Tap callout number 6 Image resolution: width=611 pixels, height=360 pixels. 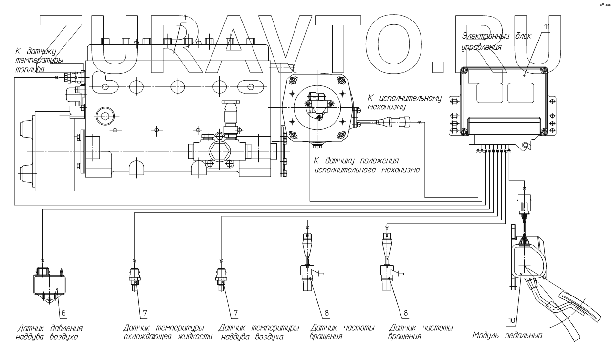coord(63,313)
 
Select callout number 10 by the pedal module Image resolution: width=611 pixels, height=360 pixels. coord(512,320)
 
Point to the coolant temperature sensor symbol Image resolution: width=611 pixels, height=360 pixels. coord(135,279)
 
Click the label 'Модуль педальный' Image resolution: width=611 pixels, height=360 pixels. coord(507,335)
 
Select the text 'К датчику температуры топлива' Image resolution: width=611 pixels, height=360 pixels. coord(39,60)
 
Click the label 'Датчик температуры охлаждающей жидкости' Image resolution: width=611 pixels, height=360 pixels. coord(168,332)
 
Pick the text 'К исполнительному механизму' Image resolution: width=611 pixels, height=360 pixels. coord(404,102)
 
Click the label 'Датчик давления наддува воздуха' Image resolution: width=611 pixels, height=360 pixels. coord(49,333)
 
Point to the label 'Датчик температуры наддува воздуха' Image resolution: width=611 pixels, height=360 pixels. coord(259,332)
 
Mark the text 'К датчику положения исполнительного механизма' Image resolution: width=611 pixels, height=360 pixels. coord(367,165)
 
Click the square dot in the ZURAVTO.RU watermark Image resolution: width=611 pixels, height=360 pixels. coord(440,67)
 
